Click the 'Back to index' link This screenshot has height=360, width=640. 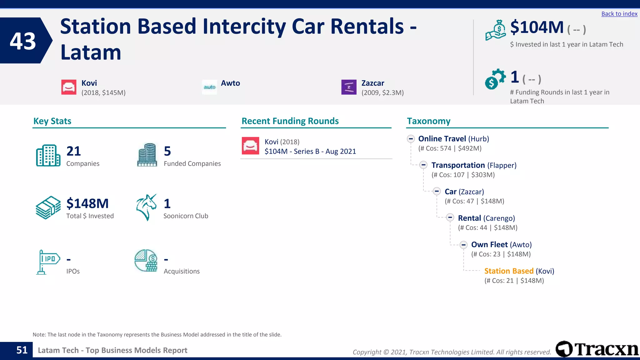point(619,14)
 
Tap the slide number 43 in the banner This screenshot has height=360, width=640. point(23,41)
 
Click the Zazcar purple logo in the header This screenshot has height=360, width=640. point(349,87)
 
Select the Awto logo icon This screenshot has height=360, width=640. point(209,87)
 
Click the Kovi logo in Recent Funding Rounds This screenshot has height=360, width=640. point(250,146)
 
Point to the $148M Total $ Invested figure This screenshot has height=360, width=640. point(87,203)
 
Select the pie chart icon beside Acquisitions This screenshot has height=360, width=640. point(146,261)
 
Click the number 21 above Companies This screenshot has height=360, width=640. point(74,151)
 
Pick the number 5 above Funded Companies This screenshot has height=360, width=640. point(167,151)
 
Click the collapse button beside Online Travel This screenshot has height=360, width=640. point(411,139)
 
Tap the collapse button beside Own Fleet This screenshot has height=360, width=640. point(463,245)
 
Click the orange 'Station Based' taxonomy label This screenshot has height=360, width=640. point(509,271)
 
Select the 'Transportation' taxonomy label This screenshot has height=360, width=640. point(458,165)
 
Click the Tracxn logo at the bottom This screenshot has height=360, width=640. point(597,349)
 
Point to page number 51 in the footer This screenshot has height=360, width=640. point(22,350)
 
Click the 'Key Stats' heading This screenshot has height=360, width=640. point(52,121)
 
